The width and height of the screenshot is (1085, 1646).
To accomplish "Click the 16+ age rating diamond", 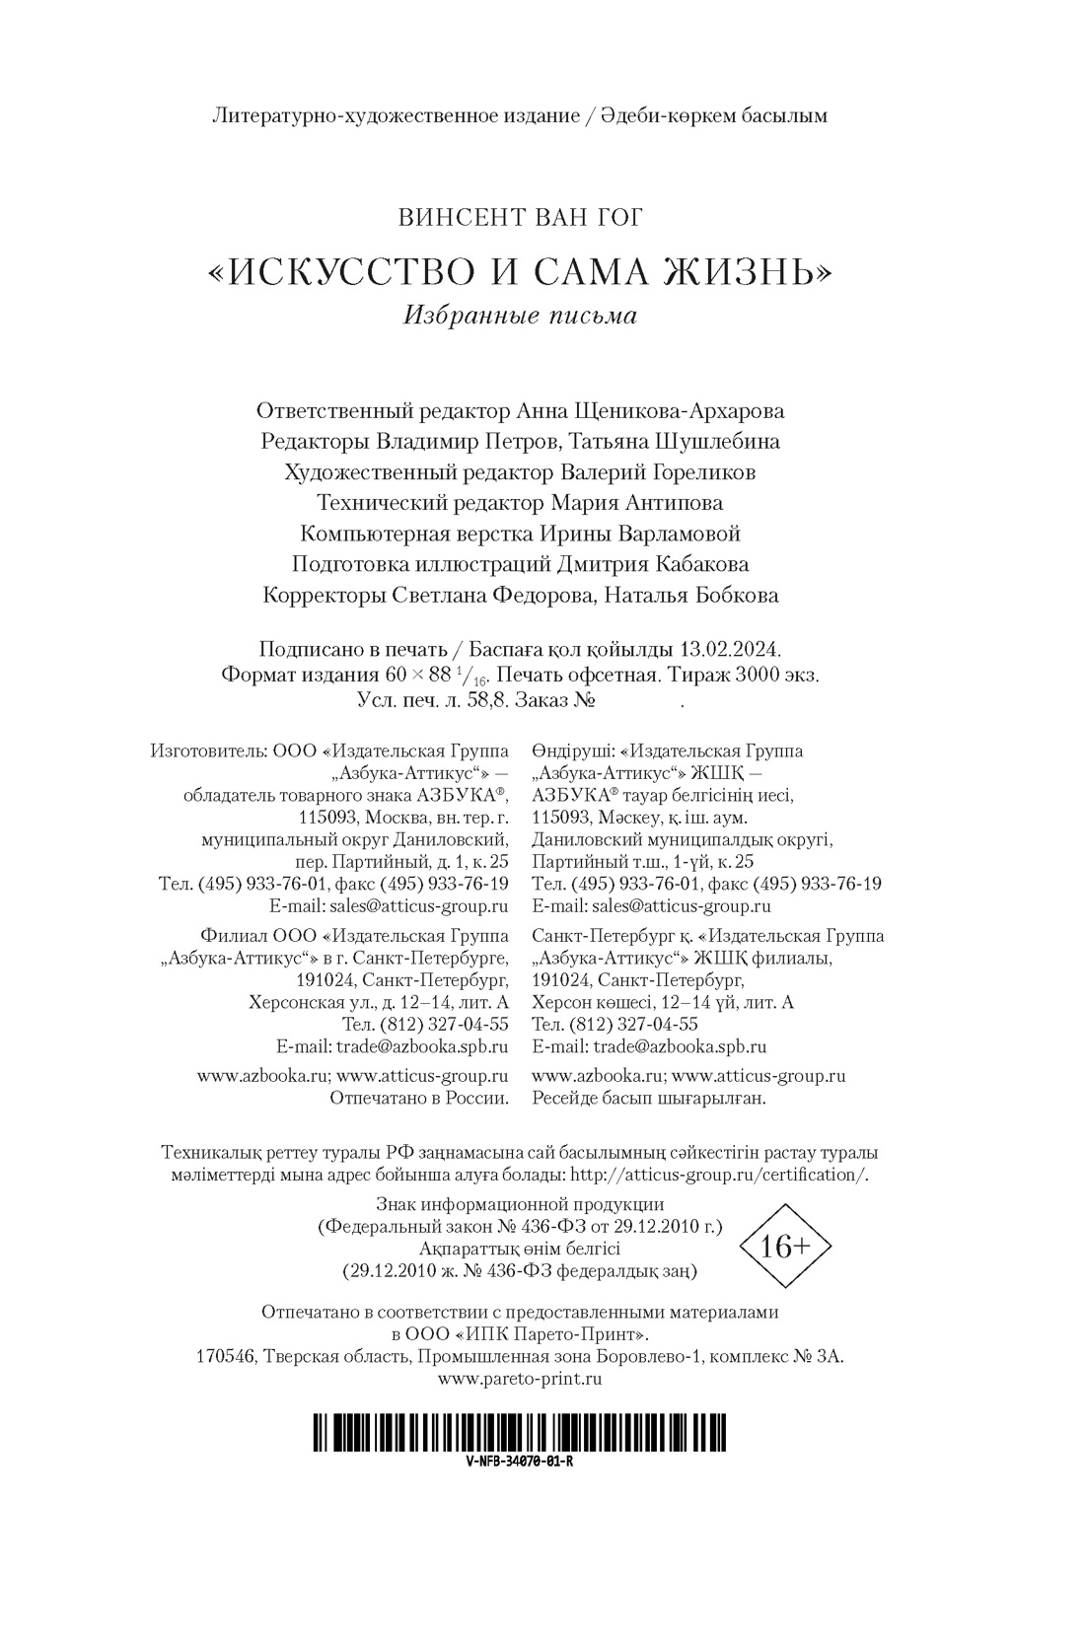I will [786, 1247].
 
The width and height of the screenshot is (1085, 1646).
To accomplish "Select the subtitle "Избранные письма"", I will [519, 316].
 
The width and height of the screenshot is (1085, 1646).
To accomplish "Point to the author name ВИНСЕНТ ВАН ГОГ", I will [519, 218].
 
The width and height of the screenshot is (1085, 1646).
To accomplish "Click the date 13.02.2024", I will [731, 650].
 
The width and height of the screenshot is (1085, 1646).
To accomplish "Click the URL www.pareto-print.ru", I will [519, 1379].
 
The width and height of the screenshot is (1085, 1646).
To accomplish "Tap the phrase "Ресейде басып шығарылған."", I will [649, 1098].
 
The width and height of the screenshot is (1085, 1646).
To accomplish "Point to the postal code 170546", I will [225, 1357].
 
